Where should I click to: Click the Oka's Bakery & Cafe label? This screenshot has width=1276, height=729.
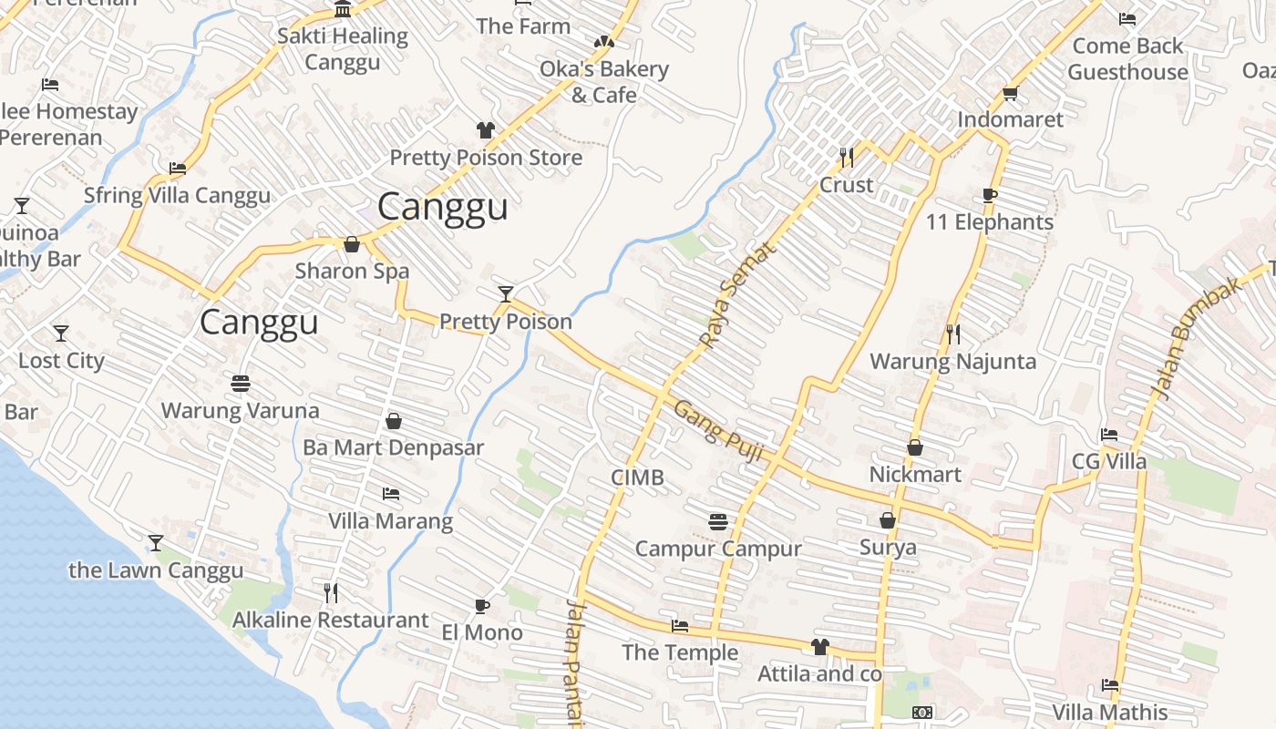(603, 82)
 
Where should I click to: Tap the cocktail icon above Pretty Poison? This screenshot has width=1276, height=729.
(506, 293)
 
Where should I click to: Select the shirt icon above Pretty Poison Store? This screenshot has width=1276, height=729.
(486, 130)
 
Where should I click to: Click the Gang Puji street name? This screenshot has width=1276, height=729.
(718, 431)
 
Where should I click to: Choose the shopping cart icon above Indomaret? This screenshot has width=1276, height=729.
(1010, 93)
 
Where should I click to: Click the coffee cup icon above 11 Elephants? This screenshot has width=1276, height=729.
(990, 195)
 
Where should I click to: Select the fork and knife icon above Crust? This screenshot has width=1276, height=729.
(847, 158)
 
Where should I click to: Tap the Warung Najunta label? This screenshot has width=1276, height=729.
(952, 362)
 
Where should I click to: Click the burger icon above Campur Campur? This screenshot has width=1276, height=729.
(718, 522)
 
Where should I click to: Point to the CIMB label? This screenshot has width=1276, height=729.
(637, 477)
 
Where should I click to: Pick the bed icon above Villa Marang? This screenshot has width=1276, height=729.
(391, 494)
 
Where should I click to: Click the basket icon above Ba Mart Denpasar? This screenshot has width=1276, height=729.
(394, 421)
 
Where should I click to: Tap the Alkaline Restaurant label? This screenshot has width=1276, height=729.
(330, 621)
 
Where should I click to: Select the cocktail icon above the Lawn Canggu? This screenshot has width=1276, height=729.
(156, 543)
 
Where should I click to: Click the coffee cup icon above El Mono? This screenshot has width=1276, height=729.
(482, 606)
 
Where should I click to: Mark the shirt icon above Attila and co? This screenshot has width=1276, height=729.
(820, 647)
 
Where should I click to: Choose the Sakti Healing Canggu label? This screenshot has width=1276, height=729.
(342, 49)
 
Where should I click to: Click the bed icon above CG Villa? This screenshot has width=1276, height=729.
(1108, 435)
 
